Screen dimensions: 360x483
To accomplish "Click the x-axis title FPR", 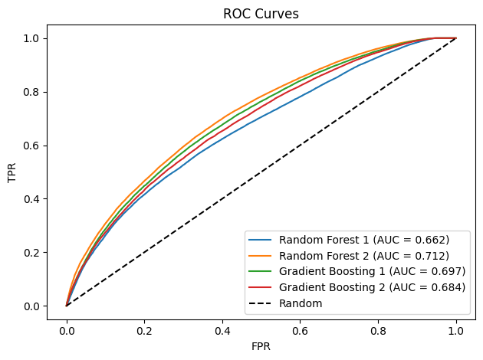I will [261, 345].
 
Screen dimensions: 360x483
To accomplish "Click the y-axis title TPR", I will [13, 172].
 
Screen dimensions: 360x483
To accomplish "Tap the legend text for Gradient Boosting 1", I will [372, 271].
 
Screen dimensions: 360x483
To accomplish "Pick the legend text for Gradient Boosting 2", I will [372, 287].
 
